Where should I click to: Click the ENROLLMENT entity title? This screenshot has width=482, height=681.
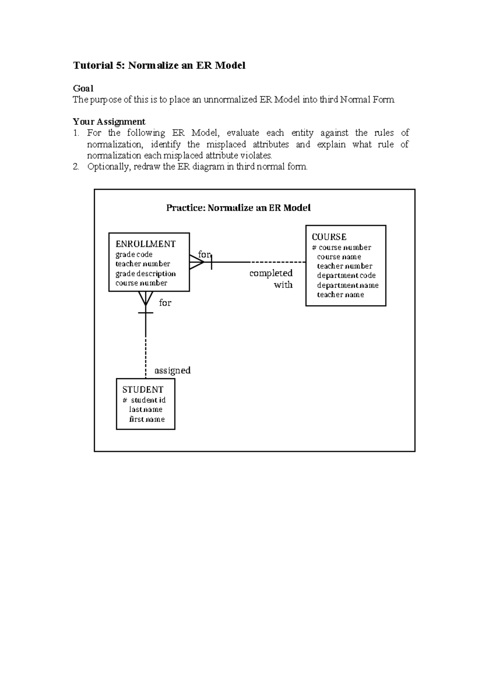click(x=145, y=244)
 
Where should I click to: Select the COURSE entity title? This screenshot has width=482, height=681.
click(x=329, y=237)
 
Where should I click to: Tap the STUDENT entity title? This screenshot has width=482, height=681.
click(x=143, y=389)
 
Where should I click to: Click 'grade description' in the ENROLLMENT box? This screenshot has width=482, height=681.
click(x=145, y=273)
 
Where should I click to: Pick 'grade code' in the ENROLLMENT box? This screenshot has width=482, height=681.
click(x=134, y=254)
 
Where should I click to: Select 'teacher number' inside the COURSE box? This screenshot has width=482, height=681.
click(x=345, y=266)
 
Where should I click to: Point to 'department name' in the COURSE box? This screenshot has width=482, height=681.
click(x=347, y=285)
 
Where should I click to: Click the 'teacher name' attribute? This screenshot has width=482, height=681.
click(x=340, y=294)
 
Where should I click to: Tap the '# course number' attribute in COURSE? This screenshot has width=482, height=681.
click(x=341, y=247)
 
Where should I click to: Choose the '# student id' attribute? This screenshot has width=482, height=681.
click(x=144, y=400)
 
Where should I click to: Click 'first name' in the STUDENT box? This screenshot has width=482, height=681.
click(x=147, y=419)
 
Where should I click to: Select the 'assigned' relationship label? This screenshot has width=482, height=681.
click(x=172, y=370)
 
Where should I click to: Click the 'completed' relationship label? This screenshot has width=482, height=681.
click(x=271, y=273)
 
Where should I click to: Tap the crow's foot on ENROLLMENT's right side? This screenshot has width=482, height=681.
click(x=196, y=262)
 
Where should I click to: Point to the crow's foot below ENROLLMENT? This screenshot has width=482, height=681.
click(x=145, y=298)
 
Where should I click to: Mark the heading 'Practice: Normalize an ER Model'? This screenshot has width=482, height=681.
click(x=238, y=208)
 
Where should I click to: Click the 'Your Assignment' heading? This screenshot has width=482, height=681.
click(x=109, y=122)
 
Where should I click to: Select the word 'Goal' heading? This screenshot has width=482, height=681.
click(x=83, y=88)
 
